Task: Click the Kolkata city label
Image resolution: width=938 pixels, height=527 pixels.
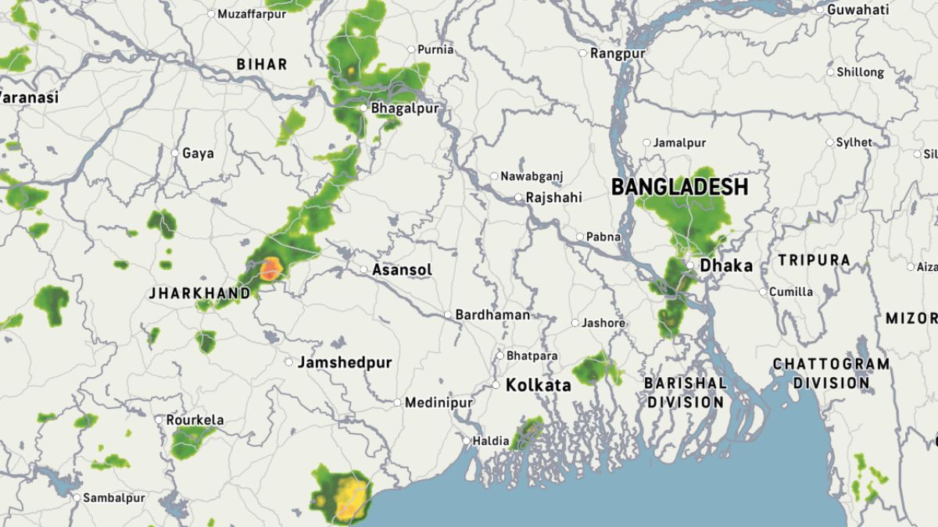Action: click(x=538, y=386)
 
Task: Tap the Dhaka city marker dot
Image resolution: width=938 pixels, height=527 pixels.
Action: click(x=690, y=265)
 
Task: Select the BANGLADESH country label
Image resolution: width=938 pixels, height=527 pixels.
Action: click(x=679, y=187)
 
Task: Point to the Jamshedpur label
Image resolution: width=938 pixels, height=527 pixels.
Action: click(x=344, y=363)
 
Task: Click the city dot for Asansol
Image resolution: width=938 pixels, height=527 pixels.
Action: click(x=363, y=269)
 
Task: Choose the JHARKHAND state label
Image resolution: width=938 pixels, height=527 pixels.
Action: click(x=200, y=294)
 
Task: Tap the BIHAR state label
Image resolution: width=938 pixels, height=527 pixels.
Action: click(x=262, y=64)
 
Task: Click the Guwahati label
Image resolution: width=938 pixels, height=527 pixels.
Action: click(x=857, y=10)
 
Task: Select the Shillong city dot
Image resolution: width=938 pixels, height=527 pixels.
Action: click(x=831, y=72)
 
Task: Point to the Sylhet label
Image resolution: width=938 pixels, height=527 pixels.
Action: click(x=854, y=142)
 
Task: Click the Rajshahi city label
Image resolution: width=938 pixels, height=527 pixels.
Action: click(x=553, y=198)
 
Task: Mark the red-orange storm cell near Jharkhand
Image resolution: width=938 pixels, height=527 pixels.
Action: click(x=270, y=269)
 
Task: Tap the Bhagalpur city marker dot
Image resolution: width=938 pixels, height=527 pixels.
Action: click(x=363, y=108)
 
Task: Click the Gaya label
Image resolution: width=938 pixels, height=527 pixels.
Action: click(x=198, y=153)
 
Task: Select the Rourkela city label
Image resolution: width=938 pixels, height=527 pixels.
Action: click(x=195, y=420)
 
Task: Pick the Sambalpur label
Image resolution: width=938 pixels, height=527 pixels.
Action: click(x=114, y=497)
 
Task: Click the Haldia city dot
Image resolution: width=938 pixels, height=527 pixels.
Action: click(x=467, y=440)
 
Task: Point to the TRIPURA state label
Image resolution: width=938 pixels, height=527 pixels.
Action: click(x=814, y=260)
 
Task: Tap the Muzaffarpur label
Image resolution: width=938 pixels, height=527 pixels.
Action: click(x=252, y=14)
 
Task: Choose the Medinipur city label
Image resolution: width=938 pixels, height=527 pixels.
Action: click(x=439, y=403)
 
